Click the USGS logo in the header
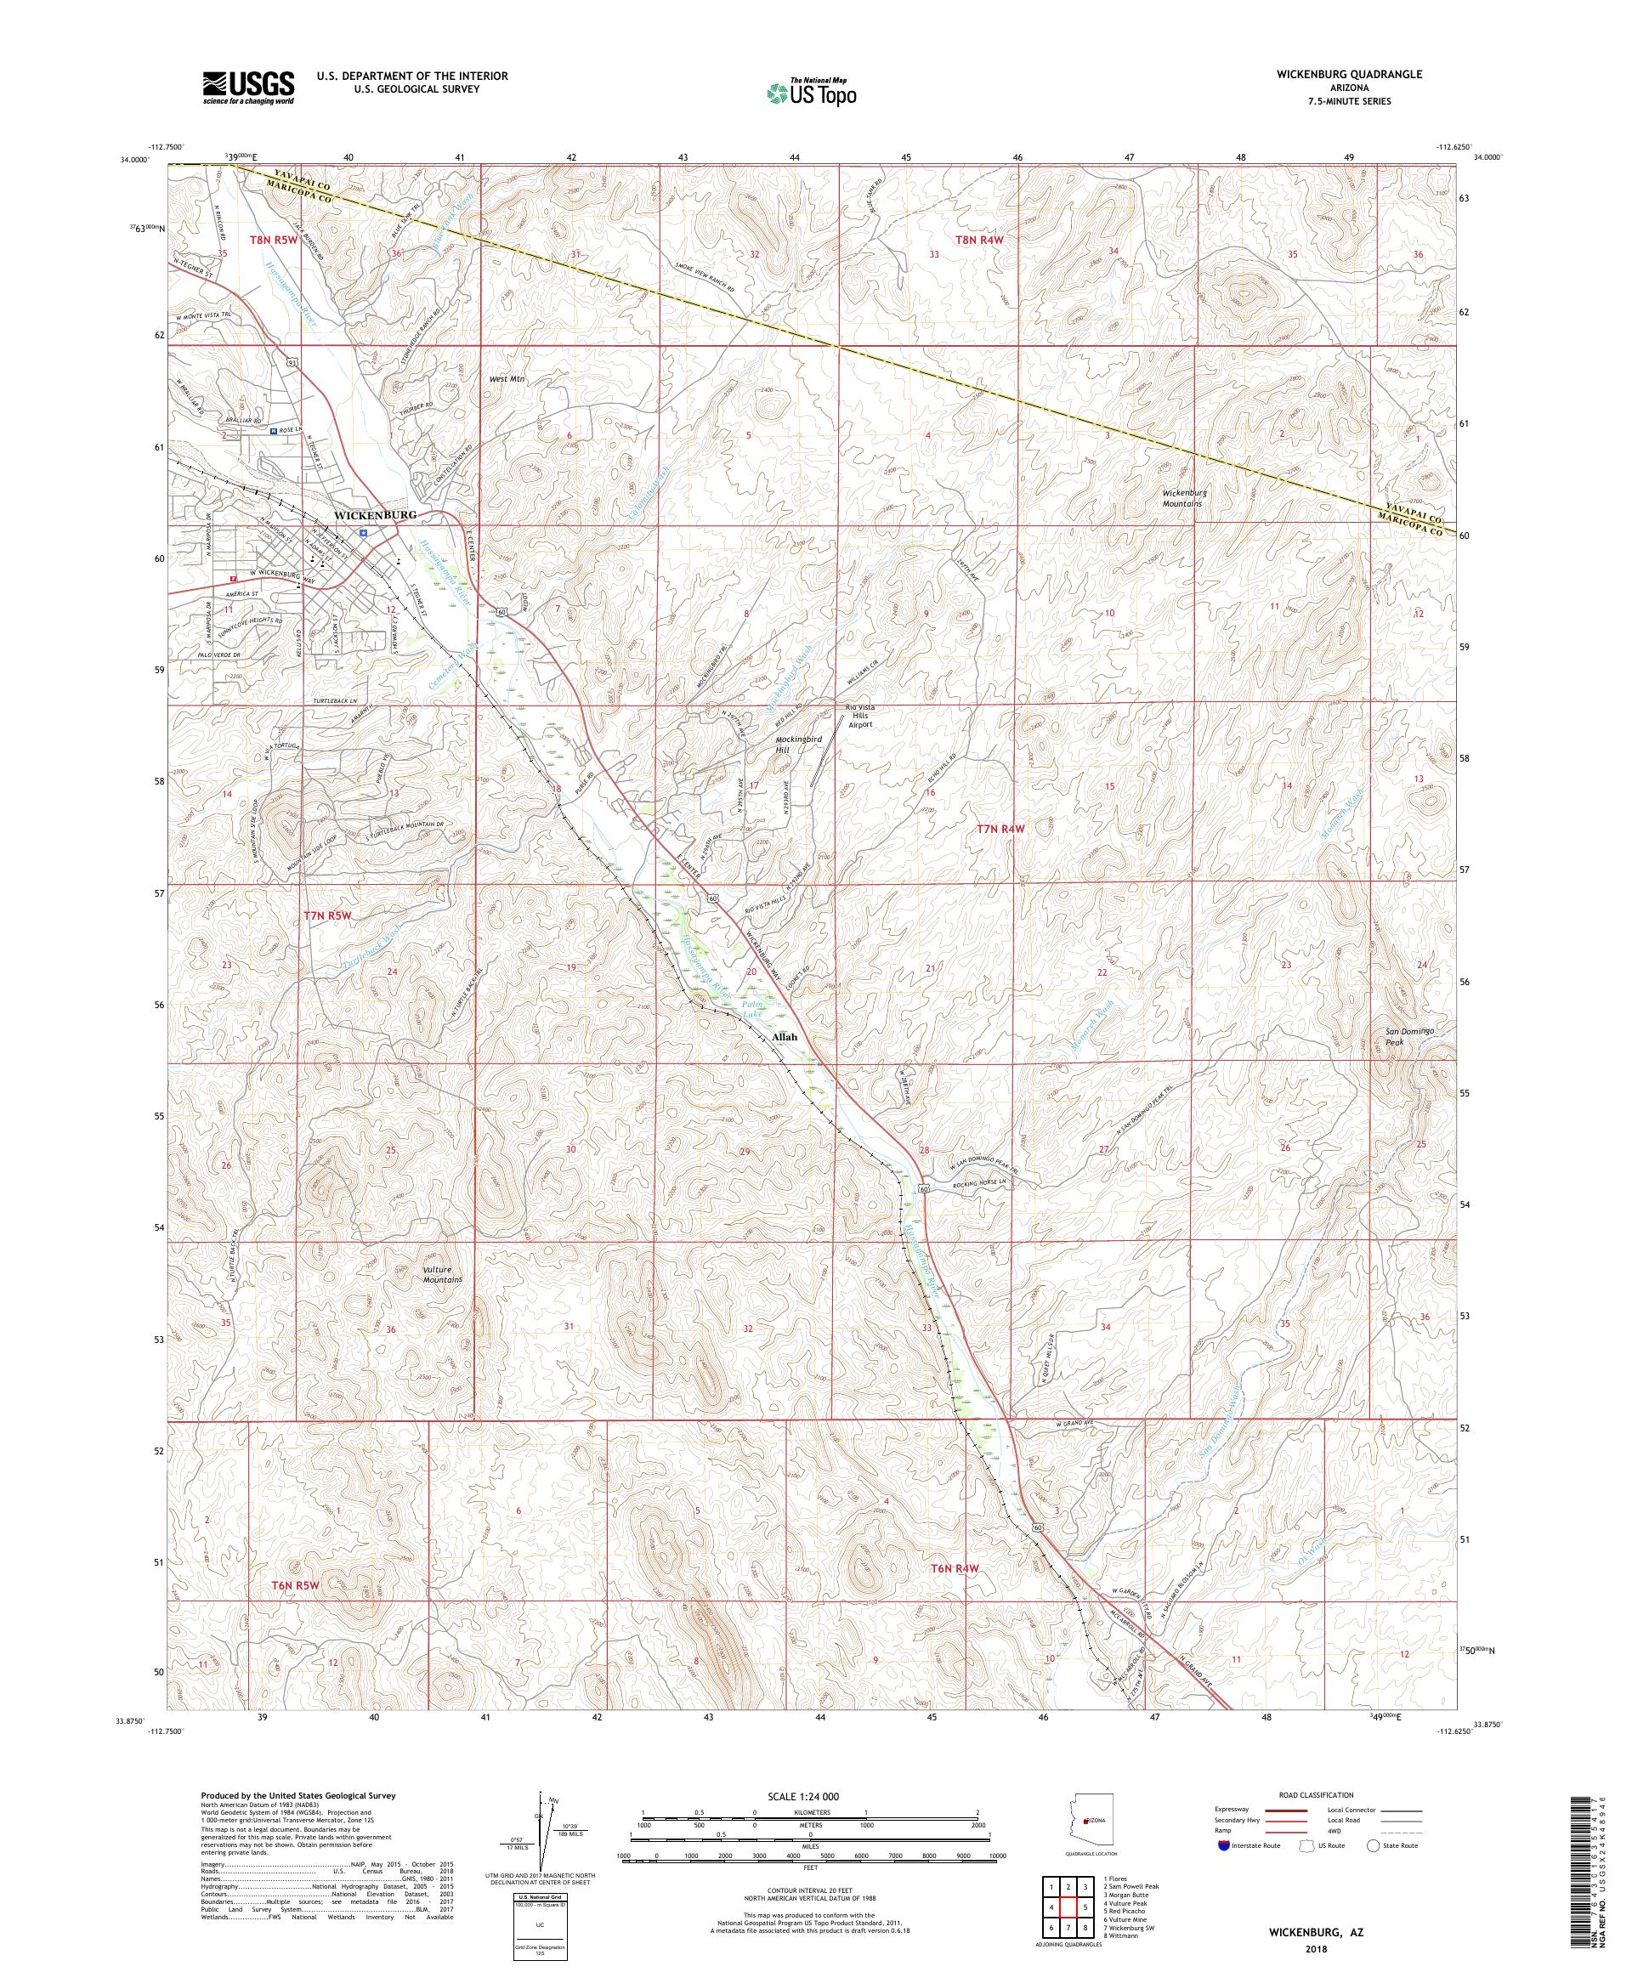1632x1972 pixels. [248, 88]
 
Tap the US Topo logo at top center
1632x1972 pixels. [813, 92]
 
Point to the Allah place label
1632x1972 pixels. [783, 1037]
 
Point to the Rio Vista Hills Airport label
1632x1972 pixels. [858, 716]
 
